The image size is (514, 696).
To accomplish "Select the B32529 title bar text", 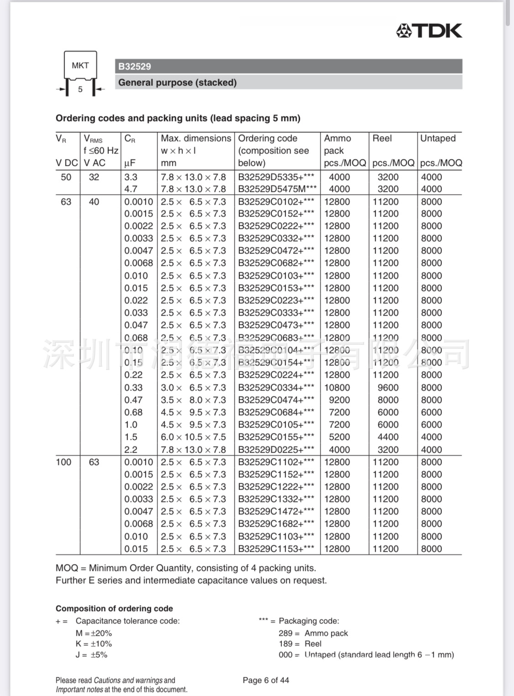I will (135, 67).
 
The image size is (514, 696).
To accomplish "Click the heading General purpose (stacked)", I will (177, 83).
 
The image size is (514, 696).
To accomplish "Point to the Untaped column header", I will (438, 138).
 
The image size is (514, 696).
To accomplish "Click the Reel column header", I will (382, 138).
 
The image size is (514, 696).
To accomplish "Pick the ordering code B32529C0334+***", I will (276, 388).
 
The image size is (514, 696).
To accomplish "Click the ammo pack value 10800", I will (337, 388).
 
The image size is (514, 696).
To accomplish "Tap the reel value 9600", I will (388, 388).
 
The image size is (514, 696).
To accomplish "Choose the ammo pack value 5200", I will (339, 437).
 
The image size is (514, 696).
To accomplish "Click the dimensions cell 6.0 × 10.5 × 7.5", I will (193, 437).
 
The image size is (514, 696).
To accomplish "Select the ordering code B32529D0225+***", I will (276, 450).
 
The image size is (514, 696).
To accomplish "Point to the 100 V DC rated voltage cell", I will (64, 462).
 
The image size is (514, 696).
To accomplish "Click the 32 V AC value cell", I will (94, 177).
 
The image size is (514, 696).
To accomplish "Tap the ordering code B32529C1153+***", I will (276, 549).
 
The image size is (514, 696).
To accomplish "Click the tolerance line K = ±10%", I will (94, 644).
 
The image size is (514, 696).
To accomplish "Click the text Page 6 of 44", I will (266, 680).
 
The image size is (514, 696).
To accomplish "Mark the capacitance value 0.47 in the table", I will (133, 400).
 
